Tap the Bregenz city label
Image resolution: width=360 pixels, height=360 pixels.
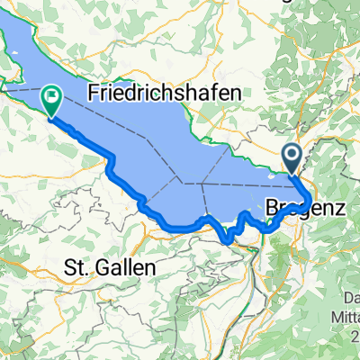click(x=306, y=205)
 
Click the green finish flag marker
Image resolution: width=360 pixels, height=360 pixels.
click(x=52, y=100)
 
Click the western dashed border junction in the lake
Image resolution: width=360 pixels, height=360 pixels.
click(x=183, y=183)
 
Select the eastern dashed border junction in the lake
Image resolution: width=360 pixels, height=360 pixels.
click(x=204, y=183)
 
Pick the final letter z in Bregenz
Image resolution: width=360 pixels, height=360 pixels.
click(x=341, y=205)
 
